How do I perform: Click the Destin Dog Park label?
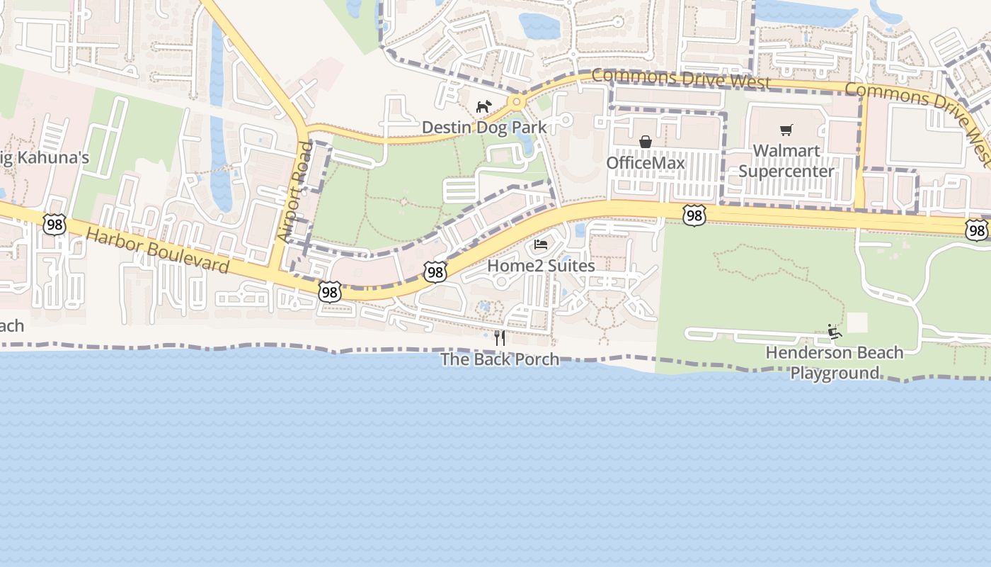click(484, 128)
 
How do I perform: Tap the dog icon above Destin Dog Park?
click(483, 107)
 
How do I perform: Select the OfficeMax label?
click(646, 163)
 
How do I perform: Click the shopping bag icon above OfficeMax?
click(646, 142)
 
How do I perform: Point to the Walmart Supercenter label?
click(786, 161)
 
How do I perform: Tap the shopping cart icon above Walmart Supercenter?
click(786, 130)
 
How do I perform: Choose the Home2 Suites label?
click(541, 266)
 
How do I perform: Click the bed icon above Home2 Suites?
click(541, 245)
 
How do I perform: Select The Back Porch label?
click(500, 359)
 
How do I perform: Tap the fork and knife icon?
click(500, 337)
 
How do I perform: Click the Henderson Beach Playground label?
click(835, 362)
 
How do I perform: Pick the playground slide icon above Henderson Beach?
click(835, 331)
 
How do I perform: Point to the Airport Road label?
click(294, 191)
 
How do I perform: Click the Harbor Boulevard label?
click(159, 251)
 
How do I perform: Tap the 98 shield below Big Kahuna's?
click(54, 225)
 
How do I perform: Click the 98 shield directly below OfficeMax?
click(694, 215)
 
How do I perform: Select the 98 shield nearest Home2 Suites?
click(435, 271)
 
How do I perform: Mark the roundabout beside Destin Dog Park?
click(517, 102)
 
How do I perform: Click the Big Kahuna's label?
click(44, 157)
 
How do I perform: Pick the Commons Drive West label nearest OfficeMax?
click(681, 78)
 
